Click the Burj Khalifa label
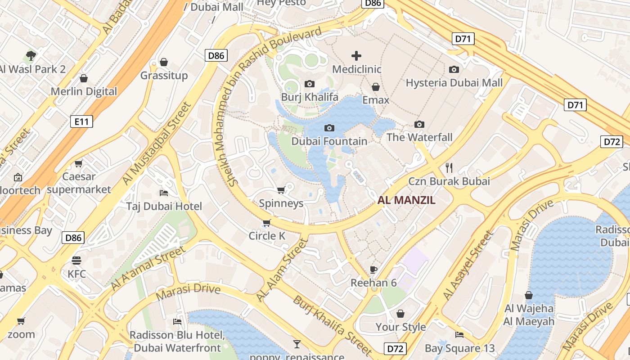click(310, 97)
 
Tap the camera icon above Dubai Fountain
click(329, 128)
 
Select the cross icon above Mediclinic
click(356, 56)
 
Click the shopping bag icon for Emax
click(376, 86)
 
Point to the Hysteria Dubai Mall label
click(454, 83)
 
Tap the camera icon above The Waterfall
click(419, 124)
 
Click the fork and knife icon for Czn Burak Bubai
click(449, 168)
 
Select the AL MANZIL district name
click(406, 200)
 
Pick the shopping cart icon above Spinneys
click(281, 190)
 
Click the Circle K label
click(267, 236)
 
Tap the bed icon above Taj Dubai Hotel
click(164, 193)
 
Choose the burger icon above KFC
click(76, 261)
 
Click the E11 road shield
click(81, 121)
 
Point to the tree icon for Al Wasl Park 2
click(31, 56)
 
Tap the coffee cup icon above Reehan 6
click(373, 270)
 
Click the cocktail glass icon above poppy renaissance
click(297, 344)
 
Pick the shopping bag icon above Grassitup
click(164, 62)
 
